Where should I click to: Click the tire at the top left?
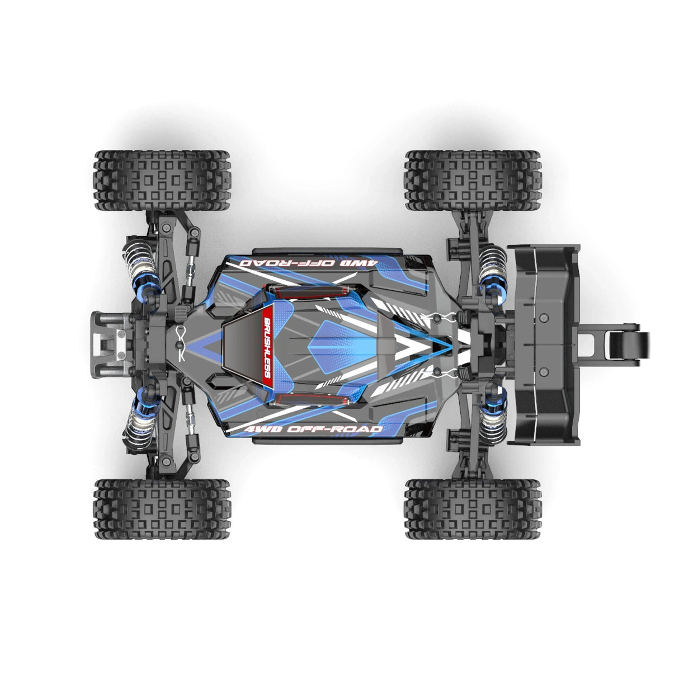pos(162,181)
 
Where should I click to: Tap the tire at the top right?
pos(473,181)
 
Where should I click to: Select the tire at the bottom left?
pos(162,508)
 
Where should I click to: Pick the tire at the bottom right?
pos(473,508)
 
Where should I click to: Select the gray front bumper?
pos(110,345)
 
